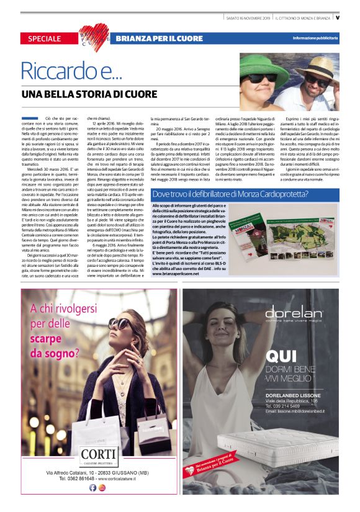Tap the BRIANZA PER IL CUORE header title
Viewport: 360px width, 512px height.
pyautogui.click(x=159, y=38)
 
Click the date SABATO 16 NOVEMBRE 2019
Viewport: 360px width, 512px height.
pyautogui.click(x=248, y=17)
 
